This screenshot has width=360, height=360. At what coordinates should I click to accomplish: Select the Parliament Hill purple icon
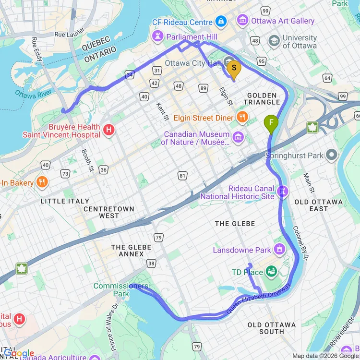coord(157,36)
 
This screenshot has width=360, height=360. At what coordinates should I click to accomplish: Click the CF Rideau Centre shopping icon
coord(221,22)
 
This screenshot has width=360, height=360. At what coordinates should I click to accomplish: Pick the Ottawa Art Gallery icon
coord(243,21)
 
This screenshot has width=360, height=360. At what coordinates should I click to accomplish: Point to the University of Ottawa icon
coord(274,41)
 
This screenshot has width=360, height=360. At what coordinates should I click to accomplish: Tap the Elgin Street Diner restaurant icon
coord(242,117)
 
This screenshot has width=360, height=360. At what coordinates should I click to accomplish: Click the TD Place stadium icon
coord(271,272)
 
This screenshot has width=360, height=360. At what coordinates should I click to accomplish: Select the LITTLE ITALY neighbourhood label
coord(65,201)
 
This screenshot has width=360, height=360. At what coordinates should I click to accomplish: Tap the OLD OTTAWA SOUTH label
coord(272,328)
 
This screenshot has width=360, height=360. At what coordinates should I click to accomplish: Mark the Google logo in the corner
coord(19,354)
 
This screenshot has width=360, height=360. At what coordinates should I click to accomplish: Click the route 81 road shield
coord(182,176)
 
